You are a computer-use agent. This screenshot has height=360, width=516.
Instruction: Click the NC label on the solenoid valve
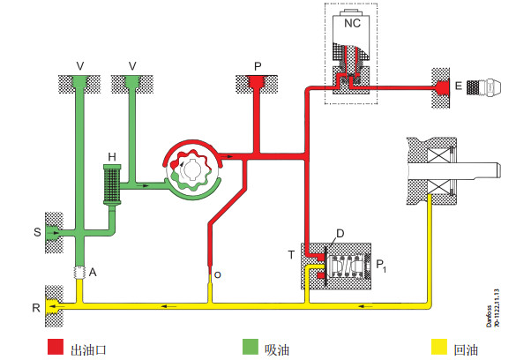click(352, 23)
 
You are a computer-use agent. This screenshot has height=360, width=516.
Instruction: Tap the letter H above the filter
click(112, 157)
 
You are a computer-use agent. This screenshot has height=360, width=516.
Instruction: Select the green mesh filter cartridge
click(112, 184)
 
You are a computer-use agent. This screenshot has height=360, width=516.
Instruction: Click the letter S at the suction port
click(37, 232)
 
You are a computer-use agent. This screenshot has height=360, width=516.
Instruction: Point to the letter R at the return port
click(36, 308)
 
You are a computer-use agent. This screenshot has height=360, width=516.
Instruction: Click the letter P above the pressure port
click(258, 67)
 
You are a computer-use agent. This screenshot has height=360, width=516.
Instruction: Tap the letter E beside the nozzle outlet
click(459, 86)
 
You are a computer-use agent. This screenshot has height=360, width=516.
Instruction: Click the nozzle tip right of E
click(483, 86)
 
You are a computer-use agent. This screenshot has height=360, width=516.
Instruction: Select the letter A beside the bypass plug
click(93, 272)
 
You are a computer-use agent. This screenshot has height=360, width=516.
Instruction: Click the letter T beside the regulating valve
click(291, 255)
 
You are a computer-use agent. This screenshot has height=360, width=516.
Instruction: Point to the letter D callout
click(340, 233)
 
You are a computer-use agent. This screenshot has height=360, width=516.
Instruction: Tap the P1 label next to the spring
click(381, 266)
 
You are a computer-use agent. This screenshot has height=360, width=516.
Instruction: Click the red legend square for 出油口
click(56, 347)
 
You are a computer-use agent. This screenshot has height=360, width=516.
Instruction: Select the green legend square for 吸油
click(251, 347)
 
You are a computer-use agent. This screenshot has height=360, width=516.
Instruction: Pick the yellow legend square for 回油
click(439, 347)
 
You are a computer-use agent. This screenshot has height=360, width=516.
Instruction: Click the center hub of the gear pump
click(191, 169)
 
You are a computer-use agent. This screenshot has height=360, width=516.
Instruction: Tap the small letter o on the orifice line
click(218, 275)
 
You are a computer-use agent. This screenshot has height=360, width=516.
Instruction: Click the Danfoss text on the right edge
click(489, 316)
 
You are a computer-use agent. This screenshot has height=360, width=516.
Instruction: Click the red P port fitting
click(258, 82)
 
